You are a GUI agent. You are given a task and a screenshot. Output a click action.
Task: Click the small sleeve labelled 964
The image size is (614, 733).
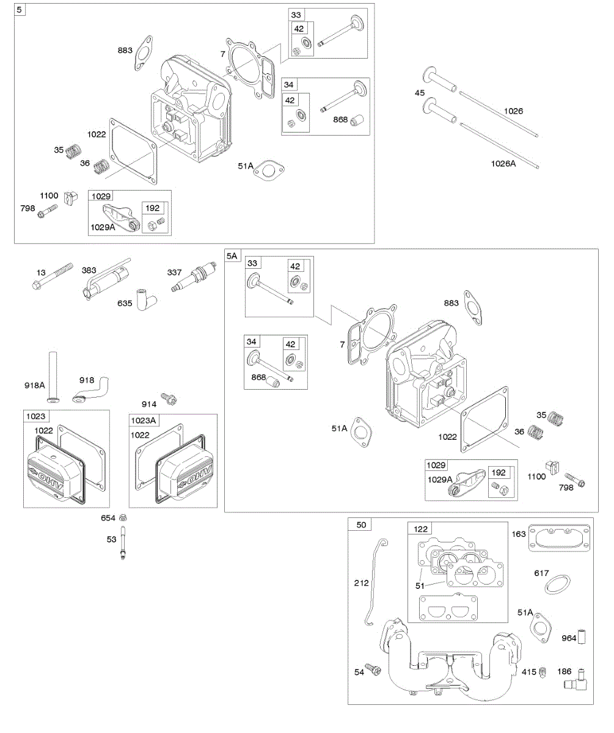(x=583, y=638)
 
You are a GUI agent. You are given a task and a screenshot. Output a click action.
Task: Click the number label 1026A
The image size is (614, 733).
(x=503, y=163)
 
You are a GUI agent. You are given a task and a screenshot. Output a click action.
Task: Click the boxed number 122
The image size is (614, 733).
(x=422, y=529)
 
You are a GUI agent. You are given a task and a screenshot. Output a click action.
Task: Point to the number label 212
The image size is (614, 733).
(x=361, y=583)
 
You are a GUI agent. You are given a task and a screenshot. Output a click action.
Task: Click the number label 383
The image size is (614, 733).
(x=89, y=270)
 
